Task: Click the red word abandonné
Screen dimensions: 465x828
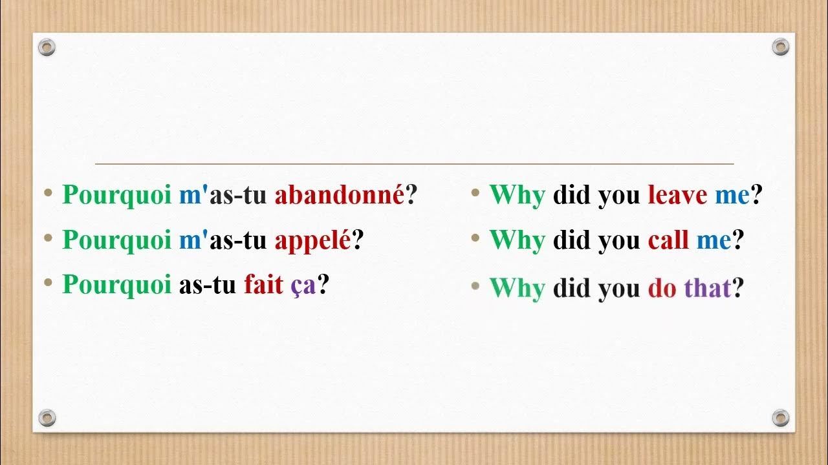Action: click(340, 195)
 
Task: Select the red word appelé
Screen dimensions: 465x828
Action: click(312, 240)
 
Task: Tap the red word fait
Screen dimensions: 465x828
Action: click(263, 284)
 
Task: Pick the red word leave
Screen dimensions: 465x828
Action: click(677, 195)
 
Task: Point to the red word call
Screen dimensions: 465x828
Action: click(668, 240)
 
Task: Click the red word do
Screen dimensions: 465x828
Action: click(662, 288)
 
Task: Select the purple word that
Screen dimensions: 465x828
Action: click(707, 288)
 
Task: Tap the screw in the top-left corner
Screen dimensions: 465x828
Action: click(47, 47)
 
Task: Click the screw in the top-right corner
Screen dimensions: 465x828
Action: click(781, 47)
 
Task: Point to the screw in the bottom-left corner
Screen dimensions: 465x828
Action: click(47, 417)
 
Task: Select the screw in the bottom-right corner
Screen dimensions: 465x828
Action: click(781, 417)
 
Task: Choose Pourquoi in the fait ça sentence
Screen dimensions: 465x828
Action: click(116, 285)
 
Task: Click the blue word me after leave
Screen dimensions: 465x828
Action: click(732, 195)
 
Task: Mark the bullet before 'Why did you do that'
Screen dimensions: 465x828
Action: click(475, 285)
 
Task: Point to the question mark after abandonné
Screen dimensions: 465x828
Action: click(411, 195)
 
